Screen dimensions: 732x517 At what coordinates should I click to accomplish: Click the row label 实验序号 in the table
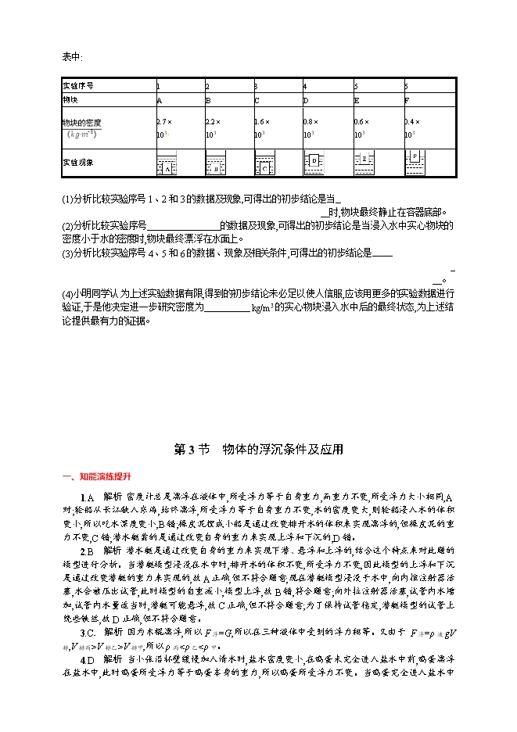78,85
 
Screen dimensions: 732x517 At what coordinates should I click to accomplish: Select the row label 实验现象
78,163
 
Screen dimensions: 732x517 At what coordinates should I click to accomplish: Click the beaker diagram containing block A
167,163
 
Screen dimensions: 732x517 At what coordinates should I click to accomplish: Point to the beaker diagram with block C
265,165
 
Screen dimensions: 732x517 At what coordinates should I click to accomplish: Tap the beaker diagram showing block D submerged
314,162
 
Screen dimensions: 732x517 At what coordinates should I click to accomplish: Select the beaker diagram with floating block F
415,161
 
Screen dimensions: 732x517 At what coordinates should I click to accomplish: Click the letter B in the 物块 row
208,100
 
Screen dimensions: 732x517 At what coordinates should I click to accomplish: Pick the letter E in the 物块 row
357,100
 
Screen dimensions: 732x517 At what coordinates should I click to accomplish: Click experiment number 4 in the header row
305,85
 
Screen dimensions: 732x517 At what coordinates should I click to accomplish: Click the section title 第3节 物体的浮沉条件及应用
258,450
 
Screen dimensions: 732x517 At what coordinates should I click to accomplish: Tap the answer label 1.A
87,497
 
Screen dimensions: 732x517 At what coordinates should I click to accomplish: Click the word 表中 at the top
71,56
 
